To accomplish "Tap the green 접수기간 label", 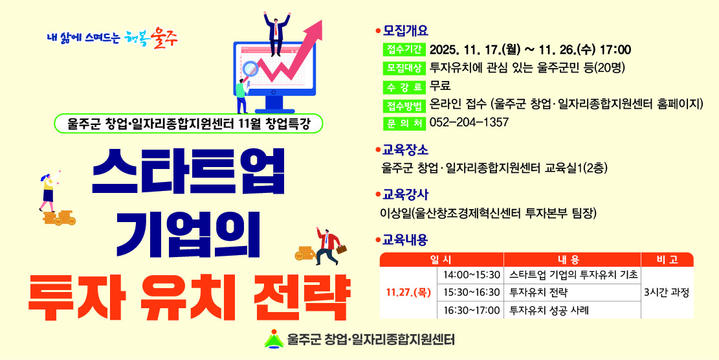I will (x=404, y=50).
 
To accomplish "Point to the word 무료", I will (x=440, y=86).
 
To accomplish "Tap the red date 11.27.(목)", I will (x=408, y=292).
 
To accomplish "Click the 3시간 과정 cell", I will (x=667, y=292).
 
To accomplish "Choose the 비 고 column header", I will (x=667, y=260).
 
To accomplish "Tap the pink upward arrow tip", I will (x=317, y=25).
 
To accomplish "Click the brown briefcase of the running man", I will (x=341, y=249).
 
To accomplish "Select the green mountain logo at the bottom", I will (x=274, y=339).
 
